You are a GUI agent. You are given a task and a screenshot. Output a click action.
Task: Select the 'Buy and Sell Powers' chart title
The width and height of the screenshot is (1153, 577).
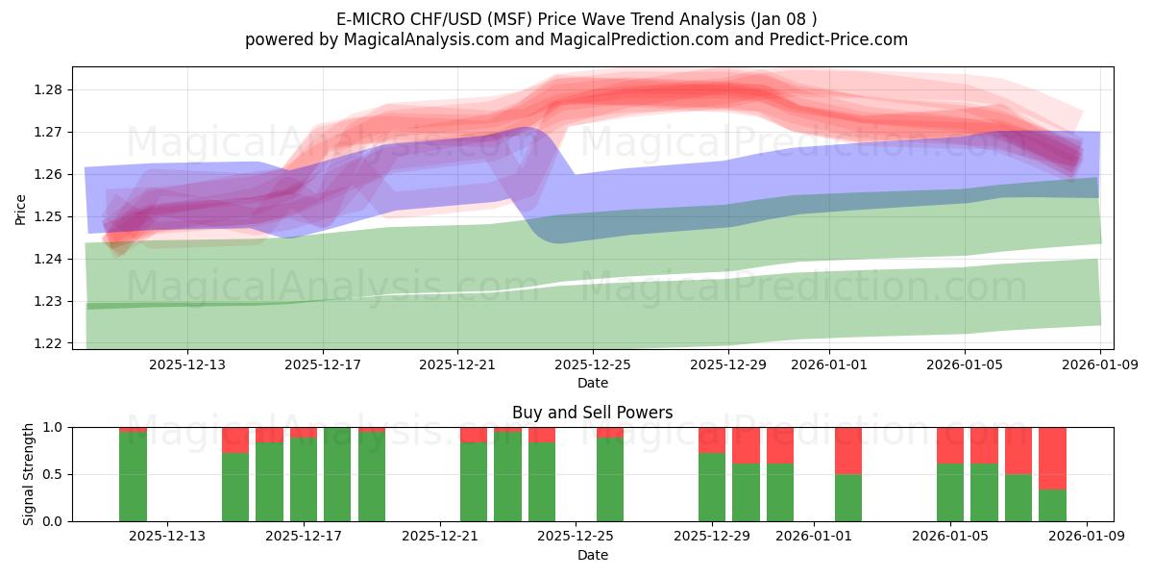tap(592, 413)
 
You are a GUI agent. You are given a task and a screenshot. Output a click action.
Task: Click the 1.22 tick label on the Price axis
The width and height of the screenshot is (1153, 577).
tap(48, 343)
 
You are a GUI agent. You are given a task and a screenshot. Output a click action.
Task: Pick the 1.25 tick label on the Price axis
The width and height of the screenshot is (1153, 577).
tap(48, 216)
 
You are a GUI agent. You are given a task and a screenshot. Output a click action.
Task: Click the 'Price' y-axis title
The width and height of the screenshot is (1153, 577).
tap(21, 208)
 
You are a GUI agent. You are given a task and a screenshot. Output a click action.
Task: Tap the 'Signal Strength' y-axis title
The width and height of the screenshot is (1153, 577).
tap(29, 474)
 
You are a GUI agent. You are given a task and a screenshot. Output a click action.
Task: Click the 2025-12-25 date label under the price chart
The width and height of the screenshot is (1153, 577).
tap(593, 364)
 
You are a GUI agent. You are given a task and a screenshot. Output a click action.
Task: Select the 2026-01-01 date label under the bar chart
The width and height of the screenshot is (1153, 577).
tap(814, 537)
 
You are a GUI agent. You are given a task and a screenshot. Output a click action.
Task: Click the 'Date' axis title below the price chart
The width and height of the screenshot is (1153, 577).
tap(592, 383)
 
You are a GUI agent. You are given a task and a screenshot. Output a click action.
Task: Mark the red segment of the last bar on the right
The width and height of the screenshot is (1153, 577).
tap(1052, 458)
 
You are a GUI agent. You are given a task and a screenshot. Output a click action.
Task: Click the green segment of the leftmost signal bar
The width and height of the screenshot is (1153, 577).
tap(133, 477)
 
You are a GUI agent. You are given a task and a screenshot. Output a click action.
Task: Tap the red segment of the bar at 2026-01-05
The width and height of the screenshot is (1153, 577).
tap(950, 445)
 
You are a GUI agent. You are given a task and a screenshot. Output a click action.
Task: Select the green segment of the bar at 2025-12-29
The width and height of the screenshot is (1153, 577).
tap(712, 487)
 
